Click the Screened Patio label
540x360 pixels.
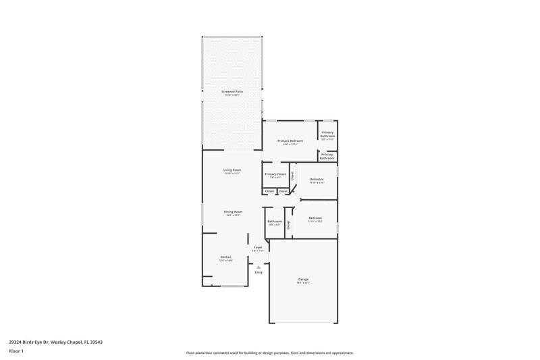point(233,91)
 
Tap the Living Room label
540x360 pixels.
point(233,170)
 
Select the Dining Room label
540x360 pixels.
point(233,211)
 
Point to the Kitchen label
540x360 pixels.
point(225,257)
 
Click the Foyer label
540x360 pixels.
point(258,247)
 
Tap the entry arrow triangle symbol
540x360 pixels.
point(258,267)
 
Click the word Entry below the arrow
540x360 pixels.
point(258,273)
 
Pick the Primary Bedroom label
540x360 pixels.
point(290,140)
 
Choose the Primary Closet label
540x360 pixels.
point(275,174)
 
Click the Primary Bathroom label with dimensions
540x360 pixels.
point(327,134)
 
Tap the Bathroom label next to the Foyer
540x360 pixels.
point(275,221)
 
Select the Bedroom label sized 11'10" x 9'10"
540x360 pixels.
point(317,179)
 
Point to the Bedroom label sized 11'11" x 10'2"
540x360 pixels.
point(316,217)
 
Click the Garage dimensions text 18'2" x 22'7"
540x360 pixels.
point(303,282)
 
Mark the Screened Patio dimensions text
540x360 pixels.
point(233,95)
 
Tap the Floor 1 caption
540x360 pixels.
point(16,352)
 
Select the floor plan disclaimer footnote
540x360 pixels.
point(269,353)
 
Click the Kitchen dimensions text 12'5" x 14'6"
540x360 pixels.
point(225,261)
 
